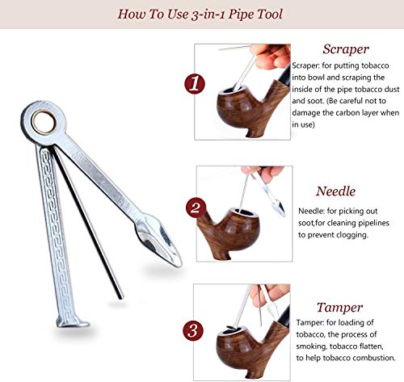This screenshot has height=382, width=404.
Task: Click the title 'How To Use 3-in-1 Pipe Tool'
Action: tap(200, 14)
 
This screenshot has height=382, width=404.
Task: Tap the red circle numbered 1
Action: tap(195, 83)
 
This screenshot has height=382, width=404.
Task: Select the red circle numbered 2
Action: tap(196, 208)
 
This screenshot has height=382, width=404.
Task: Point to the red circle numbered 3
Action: tap(193, 330)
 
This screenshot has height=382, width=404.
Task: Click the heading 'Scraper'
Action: tap(346, 49)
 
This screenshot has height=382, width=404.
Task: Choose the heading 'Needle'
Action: tap(335, 191)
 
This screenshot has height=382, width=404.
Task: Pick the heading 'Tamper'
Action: tap(339, 308)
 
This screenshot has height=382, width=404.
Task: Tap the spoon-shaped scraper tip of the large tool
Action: tap(158, 240)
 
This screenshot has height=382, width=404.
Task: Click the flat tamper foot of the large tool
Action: tap(73, 322)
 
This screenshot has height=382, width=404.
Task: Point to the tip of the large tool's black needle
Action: tap(120, 297)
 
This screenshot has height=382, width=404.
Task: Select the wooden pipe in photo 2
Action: tap(229, 232)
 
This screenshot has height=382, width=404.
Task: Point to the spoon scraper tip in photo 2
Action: tap(279, 208)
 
